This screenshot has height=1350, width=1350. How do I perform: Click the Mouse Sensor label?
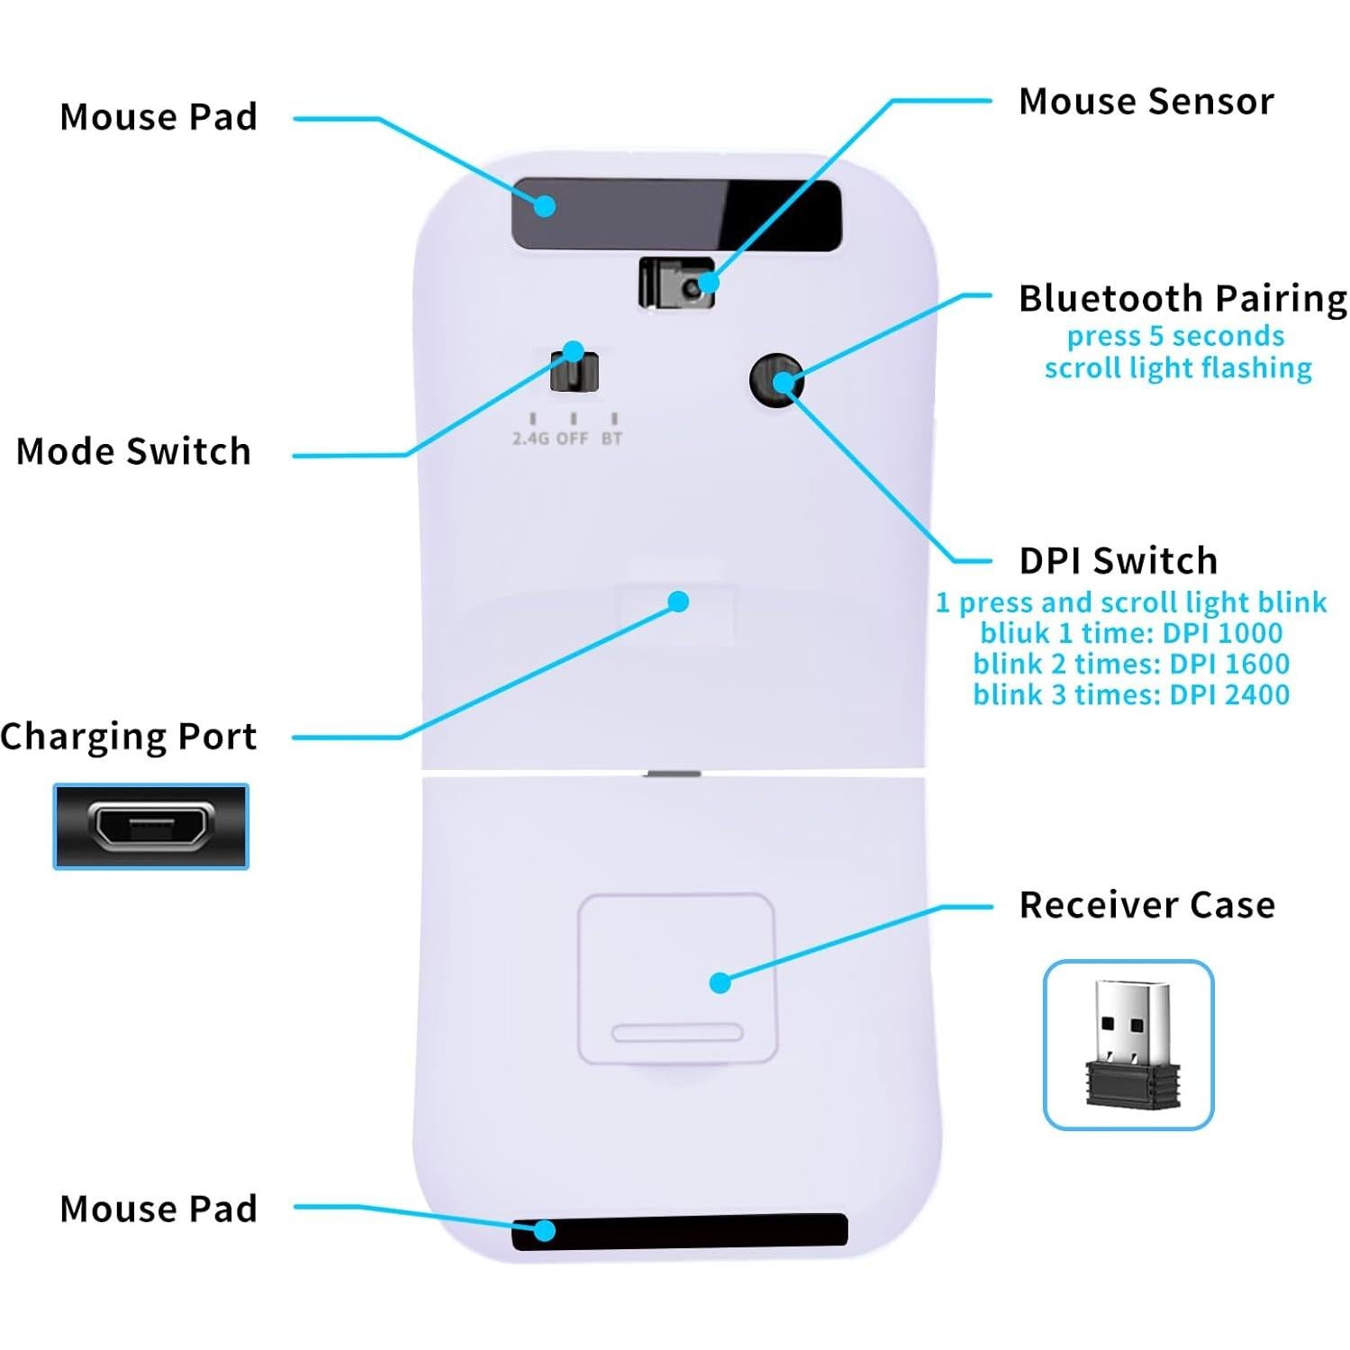tap(1146, 102)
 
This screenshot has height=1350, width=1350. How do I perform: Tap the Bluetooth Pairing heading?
tap(1182, 298)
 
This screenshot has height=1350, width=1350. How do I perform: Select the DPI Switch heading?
tap(1118, 560)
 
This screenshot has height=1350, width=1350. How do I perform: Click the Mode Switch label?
tap(133, 451)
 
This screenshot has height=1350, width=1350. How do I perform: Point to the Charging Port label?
tap(129, 736)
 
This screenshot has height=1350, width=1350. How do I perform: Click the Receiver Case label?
tap(1146, 904)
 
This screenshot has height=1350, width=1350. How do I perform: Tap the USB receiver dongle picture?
tap(1130, 1045)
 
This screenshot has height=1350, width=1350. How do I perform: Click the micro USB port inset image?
tap(151, 826)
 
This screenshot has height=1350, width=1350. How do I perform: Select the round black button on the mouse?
tap(776, 380)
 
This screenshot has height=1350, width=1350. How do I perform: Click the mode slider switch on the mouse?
tap(575, 371)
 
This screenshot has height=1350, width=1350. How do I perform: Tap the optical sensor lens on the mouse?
tap(691, 288)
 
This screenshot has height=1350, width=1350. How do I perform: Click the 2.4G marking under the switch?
tap(530, 439)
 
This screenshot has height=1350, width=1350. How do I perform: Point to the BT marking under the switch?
tap(612, 439)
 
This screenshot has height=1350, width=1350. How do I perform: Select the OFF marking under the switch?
tap(572, 439)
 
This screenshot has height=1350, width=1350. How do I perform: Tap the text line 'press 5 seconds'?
tap(1175, 336)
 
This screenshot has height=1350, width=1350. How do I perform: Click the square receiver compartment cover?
tap(676, 979)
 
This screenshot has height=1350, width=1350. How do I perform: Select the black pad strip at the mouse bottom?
tap(680, 1231)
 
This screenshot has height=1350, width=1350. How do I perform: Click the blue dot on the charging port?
tap(679, 602)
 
